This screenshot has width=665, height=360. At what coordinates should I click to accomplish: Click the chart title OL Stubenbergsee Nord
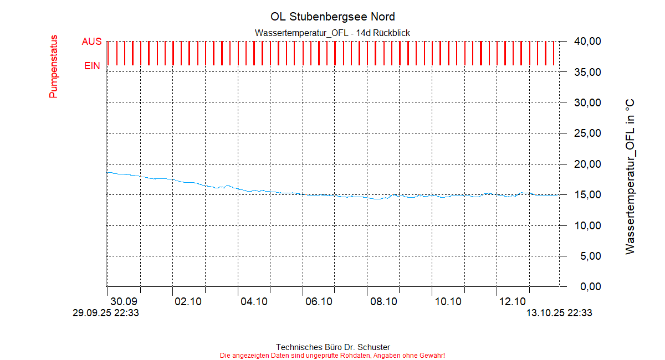pos(332,17)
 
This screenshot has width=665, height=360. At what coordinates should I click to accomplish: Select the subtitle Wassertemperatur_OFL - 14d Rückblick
pos(332,33)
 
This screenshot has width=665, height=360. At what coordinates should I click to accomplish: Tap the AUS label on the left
pos(91,42)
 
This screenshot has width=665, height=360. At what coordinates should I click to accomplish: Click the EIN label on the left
pos(92,66)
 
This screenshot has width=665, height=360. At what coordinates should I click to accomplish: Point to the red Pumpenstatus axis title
pos(54,66)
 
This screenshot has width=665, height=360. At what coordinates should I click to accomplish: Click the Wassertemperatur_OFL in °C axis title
pos(630,177)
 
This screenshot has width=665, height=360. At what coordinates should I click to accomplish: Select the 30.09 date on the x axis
pos(124,302)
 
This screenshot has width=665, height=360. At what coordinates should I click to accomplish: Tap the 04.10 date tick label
pos(254,302)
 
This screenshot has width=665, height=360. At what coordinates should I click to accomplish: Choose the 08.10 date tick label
pos(383,302)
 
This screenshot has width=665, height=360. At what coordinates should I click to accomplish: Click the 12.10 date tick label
pos(513,302)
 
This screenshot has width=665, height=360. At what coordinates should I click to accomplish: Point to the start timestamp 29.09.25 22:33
pos(106,313)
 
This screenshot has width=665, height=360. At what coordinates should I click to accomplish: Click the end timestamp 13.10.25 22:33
pos(559,313)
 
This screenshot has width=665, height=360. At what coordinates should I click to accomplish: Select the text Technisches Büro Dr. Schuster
pos(332,347)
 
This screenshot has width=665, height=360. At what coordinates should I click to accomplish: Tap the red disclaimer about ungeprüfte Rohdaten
pos(332,355)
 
